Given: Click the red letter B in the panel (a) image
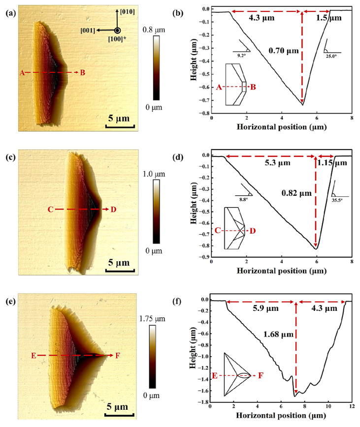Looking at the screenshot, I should (x=82, y=73).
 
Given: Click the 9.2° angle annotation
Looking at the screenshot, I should (x=241, y=56).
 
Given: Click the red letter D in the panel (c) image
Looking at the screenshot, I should (x=113, y=210).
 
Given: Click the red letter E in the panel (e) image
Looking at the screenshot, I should (x=33, y=355).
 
